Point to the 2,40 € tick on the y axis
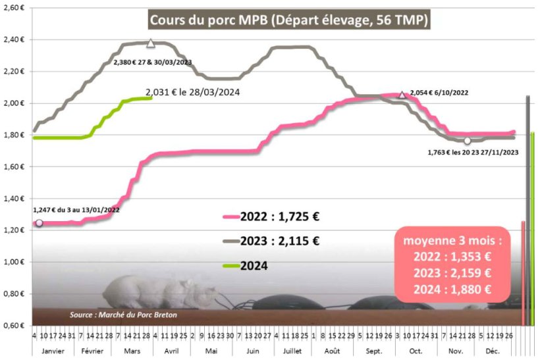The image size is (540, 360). pos(15,39)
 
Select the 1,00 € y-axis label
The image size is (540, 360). pos(15,262)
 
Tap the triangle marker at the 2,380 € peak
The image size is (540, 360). pos(151,43)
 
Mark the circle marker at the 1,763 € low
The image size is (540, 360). pos(467,141)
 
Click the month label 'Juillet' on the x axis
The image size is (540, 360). pos(293,351)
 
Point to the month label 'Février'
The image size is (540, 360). pos(92,351)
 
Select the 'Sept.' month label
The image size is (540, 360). pos(375,351)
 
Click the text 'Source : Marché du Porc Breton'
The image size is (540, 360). pos(124,315)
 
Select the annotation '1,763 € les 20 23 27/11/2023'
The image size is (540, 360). pos(472,152)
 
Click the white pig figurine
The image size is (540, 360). pos(158,294)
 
